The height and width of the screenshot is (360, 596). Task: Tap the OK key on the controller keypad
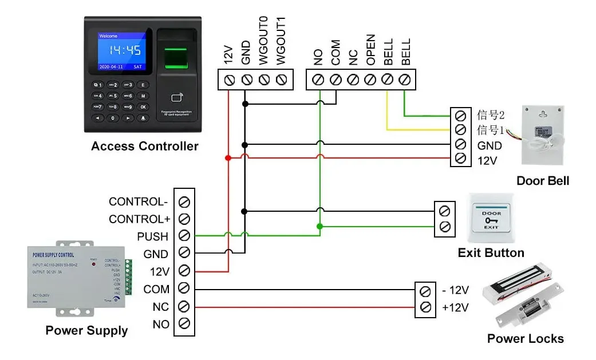143,107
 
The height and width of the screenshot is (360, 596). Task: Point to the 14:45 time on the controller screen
125,50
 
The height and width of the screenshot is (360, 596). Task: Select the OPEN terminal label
371,50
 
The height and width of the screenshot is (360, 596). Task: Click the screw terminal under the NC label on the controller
354,79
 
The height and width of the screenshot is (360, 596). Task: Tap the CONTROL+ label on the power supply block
140,219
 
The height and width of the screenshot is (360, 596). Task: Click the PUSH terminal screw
184,236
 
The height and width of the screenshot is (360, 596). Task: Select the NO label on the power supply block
161,325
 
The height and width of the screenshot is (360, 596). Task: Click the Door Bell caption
543,181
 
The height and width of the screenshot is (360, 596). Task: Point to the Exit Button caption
491,253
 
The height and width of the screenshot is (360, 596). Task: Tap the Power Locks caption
525,339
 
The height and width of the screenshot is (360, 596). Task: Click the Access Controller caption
144,147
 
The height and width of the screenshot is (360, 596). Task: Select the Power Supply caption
86,331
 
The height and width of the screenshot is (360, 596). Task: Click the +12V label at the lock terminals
455,308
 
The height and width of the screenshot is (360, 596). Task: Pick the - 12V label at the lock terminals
455,290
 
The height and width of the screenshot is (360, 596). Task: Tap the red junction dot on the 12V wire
228,158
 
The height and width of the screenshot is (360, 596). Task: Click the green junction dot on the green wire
319,227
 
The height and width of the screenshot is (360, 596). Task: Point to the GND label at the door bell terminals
490,146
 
